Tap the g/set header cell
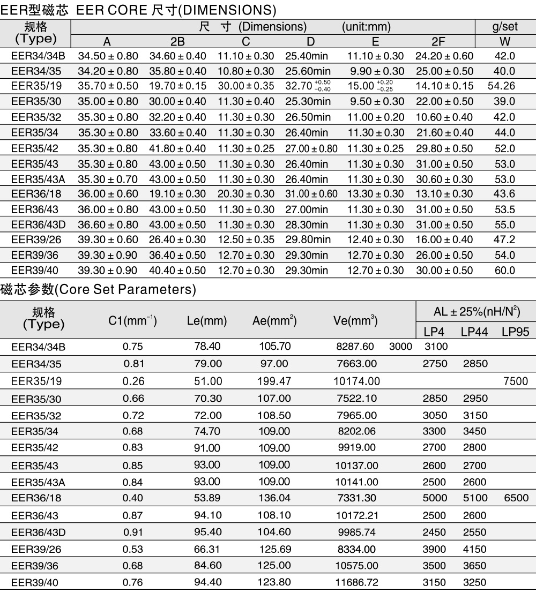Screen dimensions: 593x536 pyautogui.click(x=504, y=27)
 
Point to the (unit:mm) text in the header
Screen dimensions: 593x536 pyautogui.click(x=366, y=27)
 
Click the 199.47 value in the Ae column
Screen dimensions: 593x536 pyautogui.click(x=275, y=381)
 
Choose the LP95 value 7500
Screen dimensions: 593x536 pyautogui.click(x=516, y=381)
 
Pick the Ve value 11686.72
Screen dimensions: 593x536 pyautogui.click(x=356, y=582)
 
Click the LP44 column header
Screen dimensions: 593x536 pyautogui.click(x=474, y=332)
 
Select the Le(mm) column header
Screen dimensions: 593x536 pyautogui.click(x=207, y=321)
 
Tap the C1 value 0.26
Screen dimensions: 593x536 pyautogui.click(x=132, y=381)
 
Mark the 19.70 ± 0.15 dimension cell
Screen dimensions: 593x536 pyautogui.click(x=177, y=86)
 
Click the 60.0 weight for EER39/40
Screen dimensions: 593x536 pyautogui.click(x=504, y=271)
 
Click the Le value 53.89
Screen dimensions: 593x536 pyautogui.click(x=207, y=498)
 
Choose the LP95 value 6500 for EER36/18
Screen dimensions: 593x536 pyautogui.click(x=516, y=498)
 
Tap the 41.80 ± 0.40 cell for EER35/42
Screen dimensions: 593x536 pyautogui.click(x=177, y=148)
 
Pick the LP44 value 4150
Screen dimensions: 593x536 pyautogui.click(x=474, y=549)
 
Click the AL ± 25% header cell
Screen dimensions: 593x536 pyautogui.click(x=477, y=312)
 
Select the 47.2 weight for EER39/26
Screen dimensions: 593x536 pyautogui.click(x=504, y=240)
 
